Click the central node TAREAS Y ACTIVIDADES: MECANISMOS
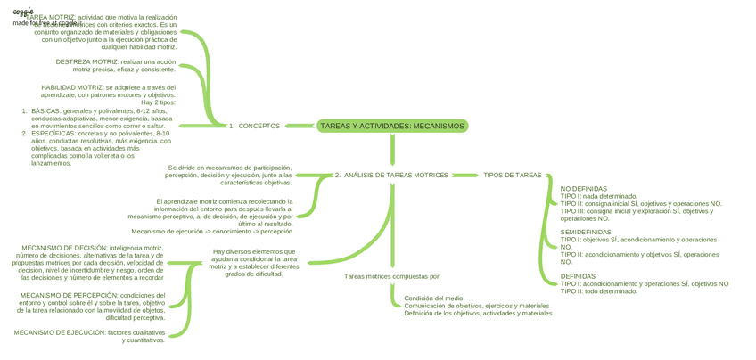[391, 126]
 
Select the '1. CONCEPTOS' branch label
[254, 126]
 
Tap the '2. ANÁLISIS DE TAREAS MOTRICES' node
[391, 175]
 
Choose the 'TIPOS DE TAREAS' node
[512, 175]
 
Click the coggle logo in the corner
[23, 12]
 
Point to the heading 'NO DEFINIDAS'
[583, 189]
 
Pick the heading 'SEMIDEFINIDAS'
[586, 232]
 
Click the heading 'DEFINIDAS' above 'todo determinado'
[578, 276]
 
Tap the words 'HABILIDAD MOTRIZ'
[72, 87]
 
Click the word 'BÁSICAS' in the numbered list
[45, 111]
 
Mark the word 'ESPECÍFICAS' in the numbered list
[53, 134]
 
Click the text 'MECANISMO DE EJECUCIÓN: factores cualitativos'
[89, 332]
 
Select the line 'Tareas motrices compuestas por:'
[392, 276]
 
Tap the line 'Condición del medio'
[433, 299]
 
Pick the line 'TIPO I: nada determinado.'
[598, 196]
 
